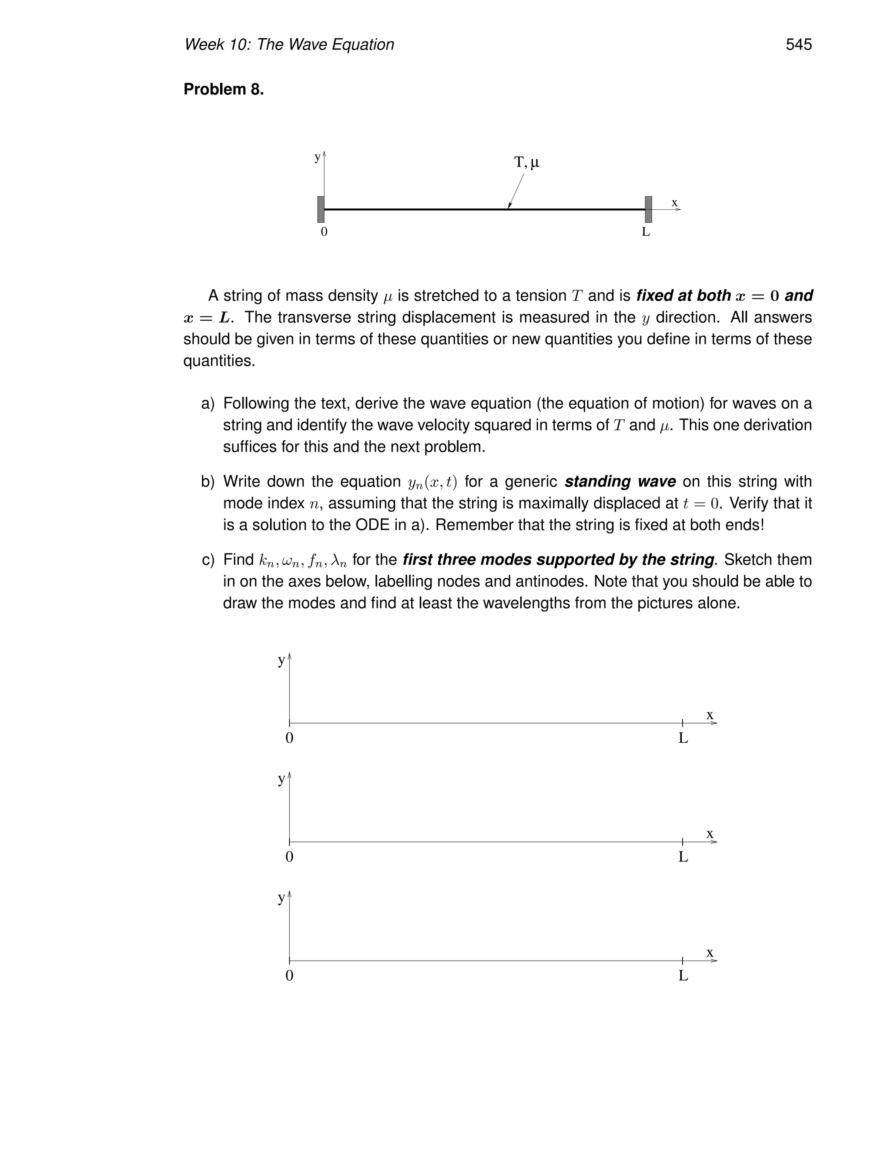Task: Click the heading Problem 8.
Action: pyautogui.click(x=223, y=89)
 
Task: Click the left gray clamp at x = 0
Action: pyautogui.click(x=320, y=209)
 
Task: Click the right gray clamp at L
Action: pyautogui.click(x=648, y=209)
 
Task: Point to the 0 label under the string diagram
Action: pyautogui.click(x=324, y=232)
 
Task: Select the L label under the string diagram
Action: pyautogui.click(x=646, y=232)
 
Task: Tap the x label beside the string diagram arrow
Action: pyautogui.click(x=674, y=203)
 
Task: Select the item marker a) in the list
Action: pyautogui.click(x=208, y=403)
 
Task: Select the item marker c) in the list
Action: pyautogui.click(x=208, y=560)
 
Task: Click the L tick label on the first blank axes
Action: pyautogui.click(x=683, y=738)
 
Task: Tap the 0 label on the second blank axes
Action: pyautogui.click(x=289, y=857)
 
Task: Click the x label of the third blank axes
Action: pyautogui.click(x=710, y=952)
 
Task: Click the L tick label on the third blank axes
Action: pyautogui.click(x=683, y=975)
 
